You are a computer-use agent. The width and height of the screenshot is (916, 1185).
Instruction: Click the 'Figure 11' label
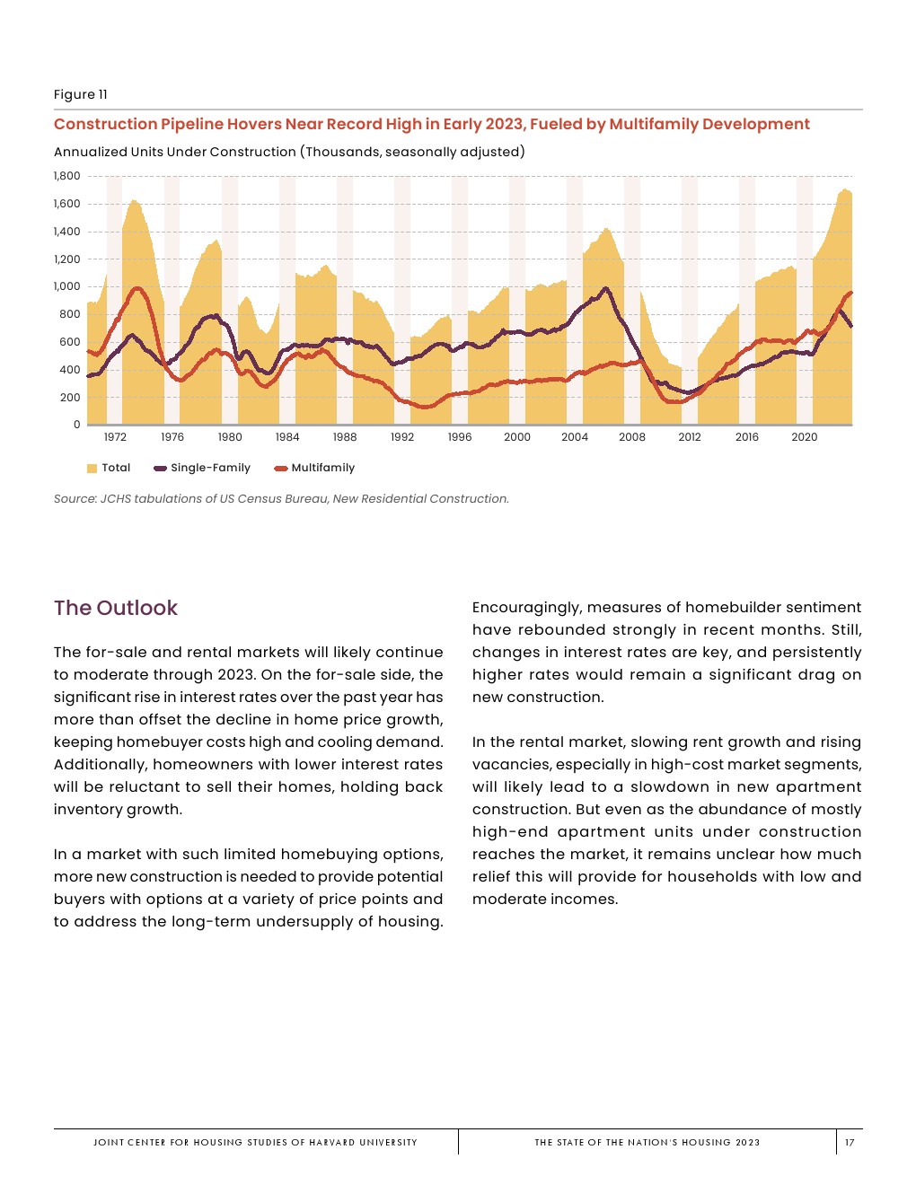click(80, 94)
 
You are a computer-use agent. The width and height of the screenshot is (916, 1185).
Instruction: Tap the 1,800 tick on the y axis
click(67, 176)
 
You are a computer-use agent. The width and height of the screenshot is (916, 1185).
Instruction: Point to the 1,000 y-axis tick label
click(67, 286)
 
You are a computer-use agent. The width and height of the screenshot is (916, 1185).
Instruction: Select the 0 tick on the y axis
click(76, 425)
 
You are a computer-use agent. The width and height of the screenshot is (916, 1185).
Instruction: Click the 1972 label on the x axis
click(115, 437)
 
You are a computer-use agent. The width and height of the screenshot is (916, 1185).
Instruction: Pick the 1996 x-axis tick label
click(460, 437)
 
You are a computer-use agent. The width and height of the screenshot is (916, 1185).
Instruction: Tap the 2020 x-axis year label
click(805, 437)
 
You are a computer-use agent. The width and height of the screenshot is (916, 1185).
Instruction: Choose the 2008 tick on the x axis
click(632, 437)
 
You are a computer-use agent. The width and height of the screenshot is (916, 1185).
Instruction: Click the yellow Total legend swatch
click(92, 468)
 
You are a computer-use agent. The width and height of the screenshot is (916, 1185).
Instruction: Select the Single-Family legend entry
click(210, 468)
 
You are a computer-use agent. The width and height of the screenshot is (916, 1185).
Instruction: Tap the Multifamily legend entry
click(322, 468)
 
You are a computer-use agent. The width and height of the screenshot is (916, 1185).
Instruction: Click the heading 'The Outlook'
click(116, 608)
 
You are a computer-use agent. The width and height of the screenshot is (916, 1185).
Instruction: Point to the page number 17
click(850, 1143)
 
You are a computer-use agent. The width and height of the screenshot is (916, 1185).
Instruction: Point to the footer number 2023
click(747, 1143)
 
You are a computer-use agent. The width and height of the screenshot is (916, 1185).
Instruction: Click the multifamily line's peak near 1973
click(137, 288)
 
